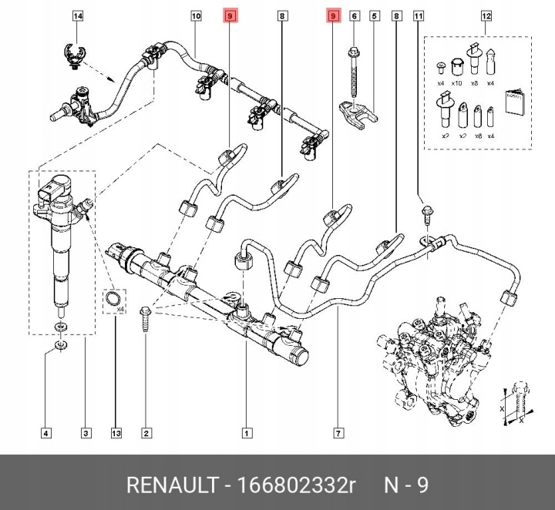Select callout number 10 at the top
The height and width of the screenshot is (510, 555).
tap(196, 15)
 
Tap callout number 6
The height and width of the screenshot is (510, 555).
tap(354, 15)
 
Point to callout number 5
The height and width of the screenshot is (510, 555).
tap(374, 15)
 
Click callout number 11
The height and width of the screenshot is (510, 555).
tap(419, 15)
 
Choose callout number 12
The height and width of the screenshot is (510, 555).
tap(486, 15)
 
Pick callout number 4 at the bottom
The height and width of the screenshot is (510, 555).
tap(46, 432)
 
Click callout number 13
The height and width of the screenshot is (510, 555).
tap(116, 432)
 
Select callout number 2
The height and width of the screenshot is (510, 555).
tap(146, 432)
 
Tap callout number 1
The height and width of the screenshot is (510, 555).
tap(246, 432)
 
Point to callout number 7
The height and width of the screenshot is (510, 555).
tap(338, 432)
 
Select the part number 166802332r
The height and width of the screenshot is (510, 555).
tap(298, 486)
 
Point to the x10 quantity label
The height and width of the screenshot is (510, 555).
tap(456, 82)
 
